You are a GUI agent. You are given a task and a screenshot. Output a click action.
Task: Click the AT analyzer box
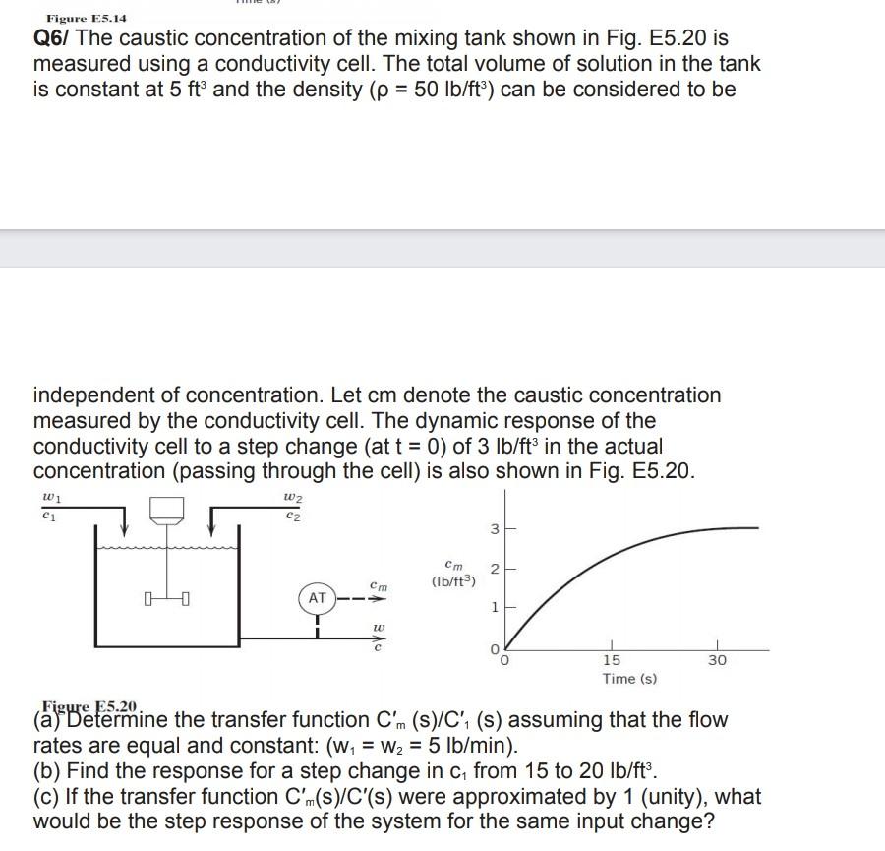tap(317, 597)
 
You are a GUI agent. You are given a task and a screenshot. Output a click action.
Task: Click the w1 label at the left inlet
tap(49, 498)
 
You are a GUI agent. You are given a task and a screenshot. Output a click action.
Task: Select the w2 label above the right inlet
tap(290, 498)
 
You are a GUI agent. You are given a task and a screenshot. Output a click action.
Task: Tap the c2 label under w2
tap(290, 515)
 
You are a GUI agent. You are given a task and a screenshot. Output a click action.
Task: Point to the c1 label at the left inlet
tap(49, 515)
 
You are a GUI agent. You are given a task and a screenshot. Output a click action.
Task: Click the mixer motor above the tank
tap(167, 508)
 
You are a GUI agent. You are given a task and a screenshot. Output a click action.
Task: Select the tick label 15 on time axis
tap(611, 660)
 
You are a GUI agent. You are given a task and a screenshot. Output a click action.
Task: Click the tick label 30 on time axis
tap(717, 660)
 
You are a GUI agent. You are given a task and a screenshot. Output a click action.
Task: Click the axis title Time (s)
tap(629, 679)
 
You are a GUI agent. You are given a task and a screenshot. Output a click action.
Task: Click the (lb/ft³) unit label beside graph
tap(453, 581)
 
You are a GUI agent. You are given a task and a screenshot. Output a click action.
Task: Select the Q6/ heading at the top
tap(53, 38)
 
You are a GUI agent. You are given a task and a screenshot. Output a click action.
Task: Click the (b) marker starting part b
tap(48, 770)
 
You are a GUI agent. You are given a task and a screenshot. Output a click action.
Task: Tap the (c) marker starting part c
tap(48, 796)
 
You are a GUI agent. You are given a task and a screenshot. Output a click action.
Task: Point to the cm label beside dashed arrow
tap(379, 585)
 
